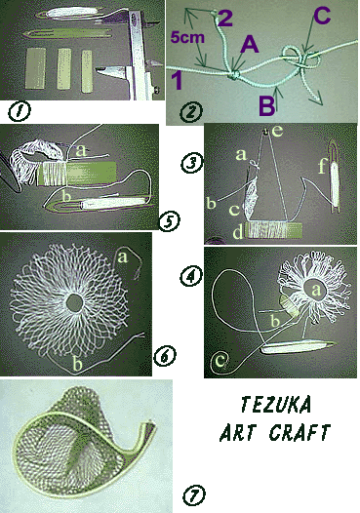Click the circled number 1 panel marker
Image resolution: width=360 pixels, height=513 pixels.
click(19, 111)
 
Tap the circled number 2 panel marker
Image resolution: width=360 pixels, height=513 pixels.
click(191, 111)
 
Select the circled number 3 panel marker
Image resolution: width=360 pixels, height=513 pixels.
click(192, 163)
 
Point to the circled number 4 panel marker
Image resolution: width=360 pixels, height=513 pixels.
click(191, 277)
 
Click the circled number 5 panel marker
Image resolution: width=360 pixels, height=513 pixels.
click(169, 220)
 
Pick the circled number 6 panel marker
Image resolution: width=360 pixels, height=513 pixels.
click(164, 355)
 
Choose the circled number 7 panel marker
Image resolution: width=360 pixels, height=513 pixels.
click(193, 494)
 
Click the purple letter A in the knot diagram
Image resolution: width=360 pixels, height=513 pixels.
click(250, 44)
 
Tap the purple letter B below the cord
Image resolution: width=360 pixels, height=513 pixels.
click(266, 105)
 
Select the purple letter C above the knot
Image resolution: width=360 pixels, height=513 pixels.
click(322, 16)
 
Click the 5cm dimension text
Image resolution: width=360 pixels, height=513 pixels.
click(187, 38)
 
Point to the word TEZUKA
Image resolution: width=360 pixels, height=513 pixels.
click(275, 405)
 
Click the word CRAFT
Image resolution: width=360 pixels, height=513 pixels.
click(300, 432)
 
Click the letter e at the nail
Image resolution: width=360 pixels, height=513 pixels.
click(277, 131)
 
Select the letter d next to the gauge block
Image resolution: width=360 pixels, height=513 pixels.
click(238, 233)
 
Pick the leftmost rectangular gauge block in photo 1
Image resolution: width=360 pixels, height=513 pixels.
click(35, 68)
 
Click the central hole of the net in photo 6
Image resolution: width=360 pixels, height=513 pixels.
click(75, 303)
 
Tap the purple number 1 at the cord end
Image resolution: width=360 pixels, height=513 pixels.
click(177, 80)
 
